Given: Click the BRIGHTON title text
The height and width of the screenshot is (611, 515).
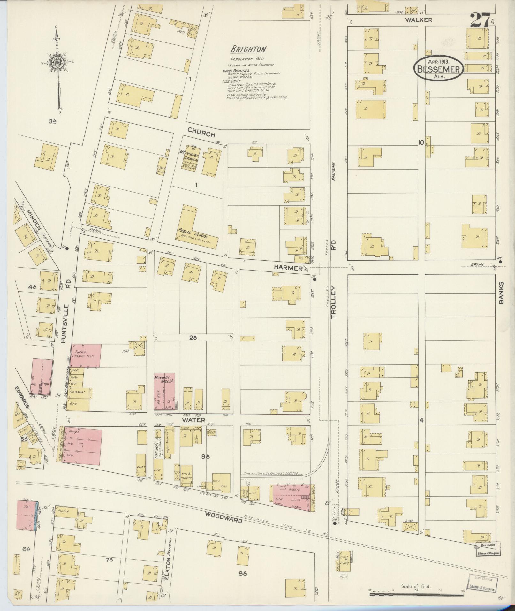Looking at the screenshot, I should pyautogui.click(x=249, y=49).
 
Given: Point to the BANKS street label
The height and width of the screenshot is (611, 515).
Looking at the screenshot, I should pyautogui.click(x=501, y=293).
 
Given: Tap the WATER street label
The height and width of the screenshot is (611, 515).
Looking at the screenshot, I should pyautogui.click(x=193, y=420).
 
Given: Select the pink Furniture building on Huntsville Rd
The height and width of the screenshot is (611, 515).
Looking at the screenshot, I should pyautogui.click(x=85, y=355).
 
